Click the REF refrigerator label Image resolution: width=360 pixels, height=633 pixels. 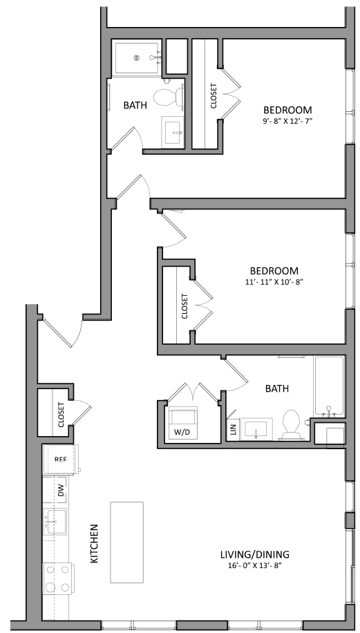60,459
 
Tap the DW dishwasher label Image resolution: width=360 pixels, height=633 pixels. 61,491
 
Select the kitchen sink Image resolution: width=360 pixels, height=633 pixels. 55,522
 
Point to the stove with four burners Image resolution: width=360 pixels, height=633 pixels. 57,579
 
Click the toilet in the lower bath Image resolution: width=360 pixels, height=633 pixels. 291,424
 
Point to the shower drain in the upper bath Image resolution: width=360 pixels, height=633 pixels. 137,58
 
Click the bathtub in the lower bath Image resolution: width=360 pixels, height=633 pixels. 330,386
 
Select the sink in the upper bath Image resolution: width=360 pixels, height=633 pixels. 173,131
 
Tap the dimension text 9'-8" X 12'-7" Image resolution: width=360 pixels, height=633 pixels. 287,121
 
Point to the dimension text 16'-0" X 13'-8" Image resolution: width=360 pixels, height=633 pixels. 254,565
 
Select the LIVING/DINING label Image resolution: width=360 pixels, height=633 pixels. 255,554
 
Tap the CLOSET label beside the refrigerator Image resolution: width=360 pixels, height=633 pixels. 61,415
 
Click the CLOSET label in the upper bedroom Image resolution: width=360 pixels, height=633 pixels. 214,95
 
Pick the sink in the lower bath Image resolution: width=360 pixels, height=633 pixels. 256,429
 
